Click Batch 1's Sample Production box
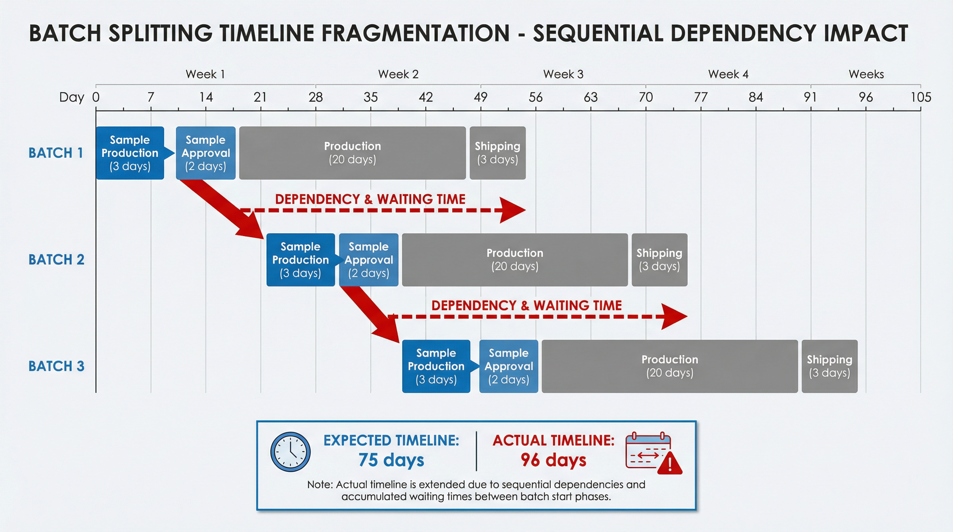tap(130, 153)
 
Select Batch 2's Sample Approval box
tap(368, 259)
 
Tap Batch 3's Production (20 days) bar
tap(669, 366)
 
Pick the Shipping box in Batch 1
tap(497, 153)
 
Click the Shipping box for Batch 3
tap(829, 366)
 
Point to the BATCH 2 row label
tap(56, 259)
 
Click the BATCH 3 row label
tap(56, 366)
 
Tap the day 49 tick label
tap(480, 97)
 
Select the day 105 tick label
tap(920, 97)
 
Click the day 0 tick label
tap(96, 97)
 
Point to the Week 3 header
tap(563, 74)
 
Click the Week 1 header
tap(205, 74)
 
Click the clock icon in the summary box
tap(291, 451)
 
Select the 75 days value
tap(391, 460)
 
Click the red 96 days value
tap(553, 460)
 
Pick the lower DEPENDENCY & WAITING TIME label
tap(526, 305)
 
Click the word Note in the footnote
tap(319, 484)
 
